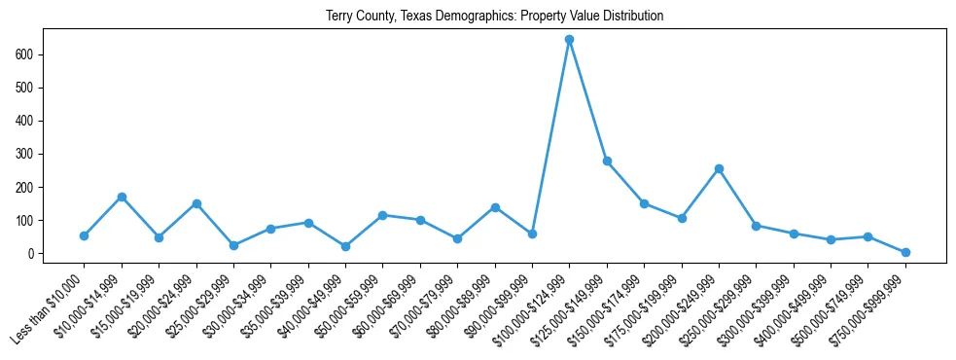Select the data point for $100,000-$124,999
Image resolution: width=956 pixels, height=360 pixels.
pyautogui.click(x=569, y=40)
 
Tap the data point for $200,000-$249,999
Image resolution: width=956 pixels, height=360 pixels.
pyautogui.click(x=719, y=168)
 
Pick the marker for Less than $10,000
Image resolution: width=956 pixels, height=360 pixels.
pyautogui.click(x=85, y=235)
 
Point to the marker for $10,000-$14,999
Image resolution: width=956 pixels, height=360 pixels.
pyautogui.click(x=122, y=197)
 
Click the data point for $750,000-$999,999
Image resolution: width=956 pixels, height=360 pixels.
pyautogui.click(x=905, y=252)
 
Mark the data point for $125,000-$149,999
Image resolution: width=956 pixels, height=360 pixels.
pyautogui.click(x=607, y=161)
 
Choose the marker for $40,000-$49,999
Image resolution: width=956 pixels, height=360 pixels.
pyautogui.click(x=345, y=246)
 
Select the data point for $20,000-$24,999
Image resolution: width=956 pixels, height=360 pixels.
pyautogui.click(x=196, y=203)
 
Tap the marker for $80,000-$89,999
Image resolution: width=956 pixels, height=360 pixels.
pyautogui.click(x=495, y=207)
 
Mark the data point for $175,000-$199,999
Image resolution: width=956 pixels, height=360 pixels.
pyautogui.click(x=682, y=218)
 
